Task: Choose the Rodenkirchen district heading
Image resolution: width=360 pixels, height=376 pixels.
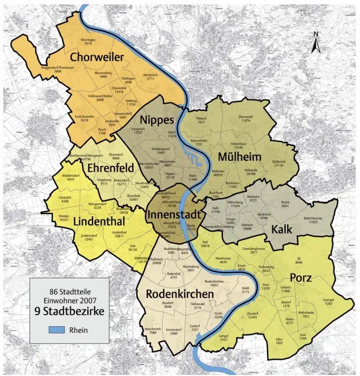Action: tap(179, 294)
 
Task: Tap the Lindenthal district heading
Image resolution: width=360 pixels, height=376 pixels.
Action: tap(98, 221)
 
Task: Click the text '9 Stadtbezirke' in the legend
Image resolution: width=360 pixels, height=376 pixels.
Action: tap(68, 312)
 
